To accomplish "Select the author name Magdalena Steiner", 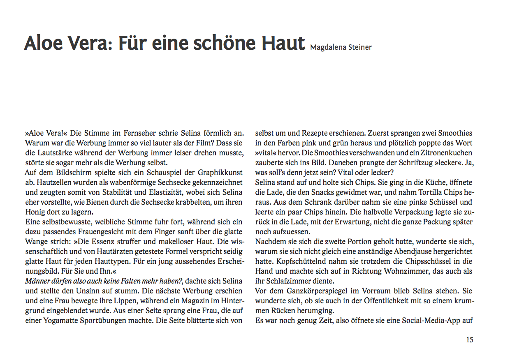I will pyautogui.click(x=341, y=47).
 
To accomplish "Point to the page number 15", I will pyautogui.click(x=469, y=340).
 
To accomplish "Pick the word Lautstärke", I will pyautogui.click(x=52, y=153).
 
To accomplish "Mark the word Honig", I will pyautogui.click(x=35, y=212).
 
